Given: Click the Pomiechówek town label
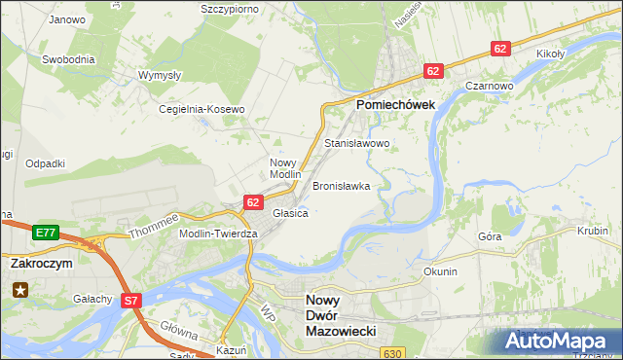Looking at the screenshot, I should point(394,104).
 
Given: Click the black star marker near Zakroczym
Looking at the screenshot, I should point(19,289).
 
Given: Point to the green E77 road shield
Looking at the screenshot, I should point(45,233).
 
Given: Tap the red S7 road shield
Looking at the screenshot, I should point(131,302).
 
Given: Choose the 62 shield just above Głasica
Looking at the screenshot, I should point(253,201).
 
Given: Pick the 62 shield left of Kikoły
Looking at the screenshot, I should point(500,49).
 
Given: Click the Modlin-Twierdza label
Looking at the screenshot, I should point(218,234).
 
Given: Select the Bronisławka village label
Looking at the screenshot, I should point(341,185).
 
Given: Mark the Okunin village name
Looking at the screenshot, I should point(440,271).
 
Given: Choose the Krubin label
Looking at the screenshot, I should point(592,232).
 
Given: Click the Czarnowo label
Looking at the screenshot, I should point(489,86).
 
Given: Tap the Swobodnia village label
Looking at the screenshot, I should point(68,59).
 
